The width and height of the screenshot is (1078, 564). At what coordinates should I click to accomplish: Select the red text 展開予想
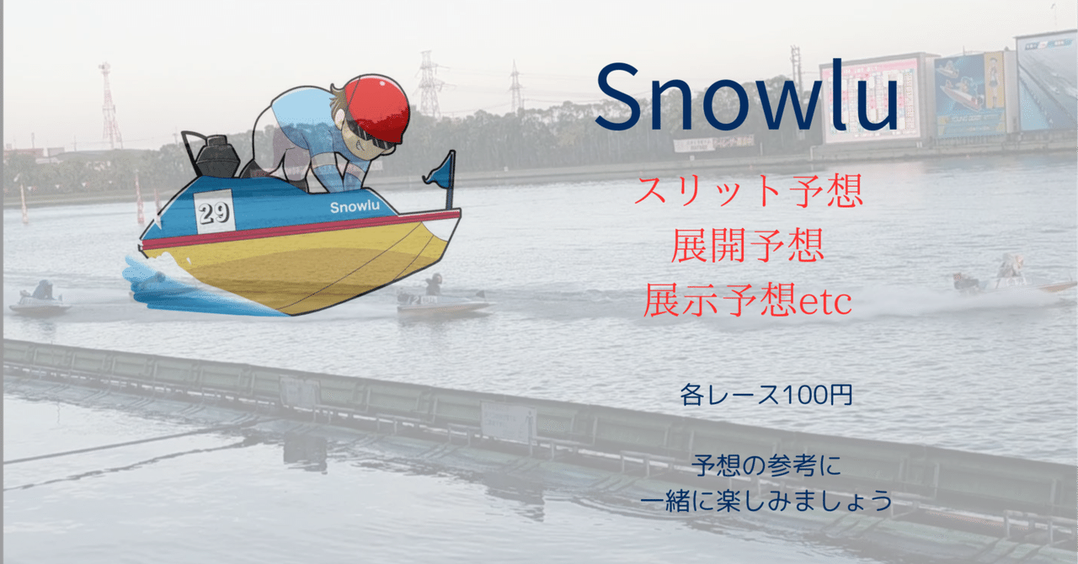(747, 247)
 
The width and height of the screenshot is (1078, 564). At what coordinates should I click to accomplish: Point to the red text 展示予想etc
(747, 300)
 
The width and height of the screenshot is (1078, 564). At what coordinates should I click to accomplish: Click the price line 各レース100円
(766, 396)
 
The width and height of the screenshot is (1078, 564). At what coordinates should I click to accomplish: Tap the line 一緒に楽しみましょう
(766, 501)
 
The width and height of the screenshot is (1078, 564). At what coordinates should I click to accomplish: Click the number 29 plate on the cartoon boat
(214, 211)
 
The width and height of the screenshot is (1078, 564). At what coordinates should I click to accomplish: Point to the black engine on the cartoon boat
(216, 157)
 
